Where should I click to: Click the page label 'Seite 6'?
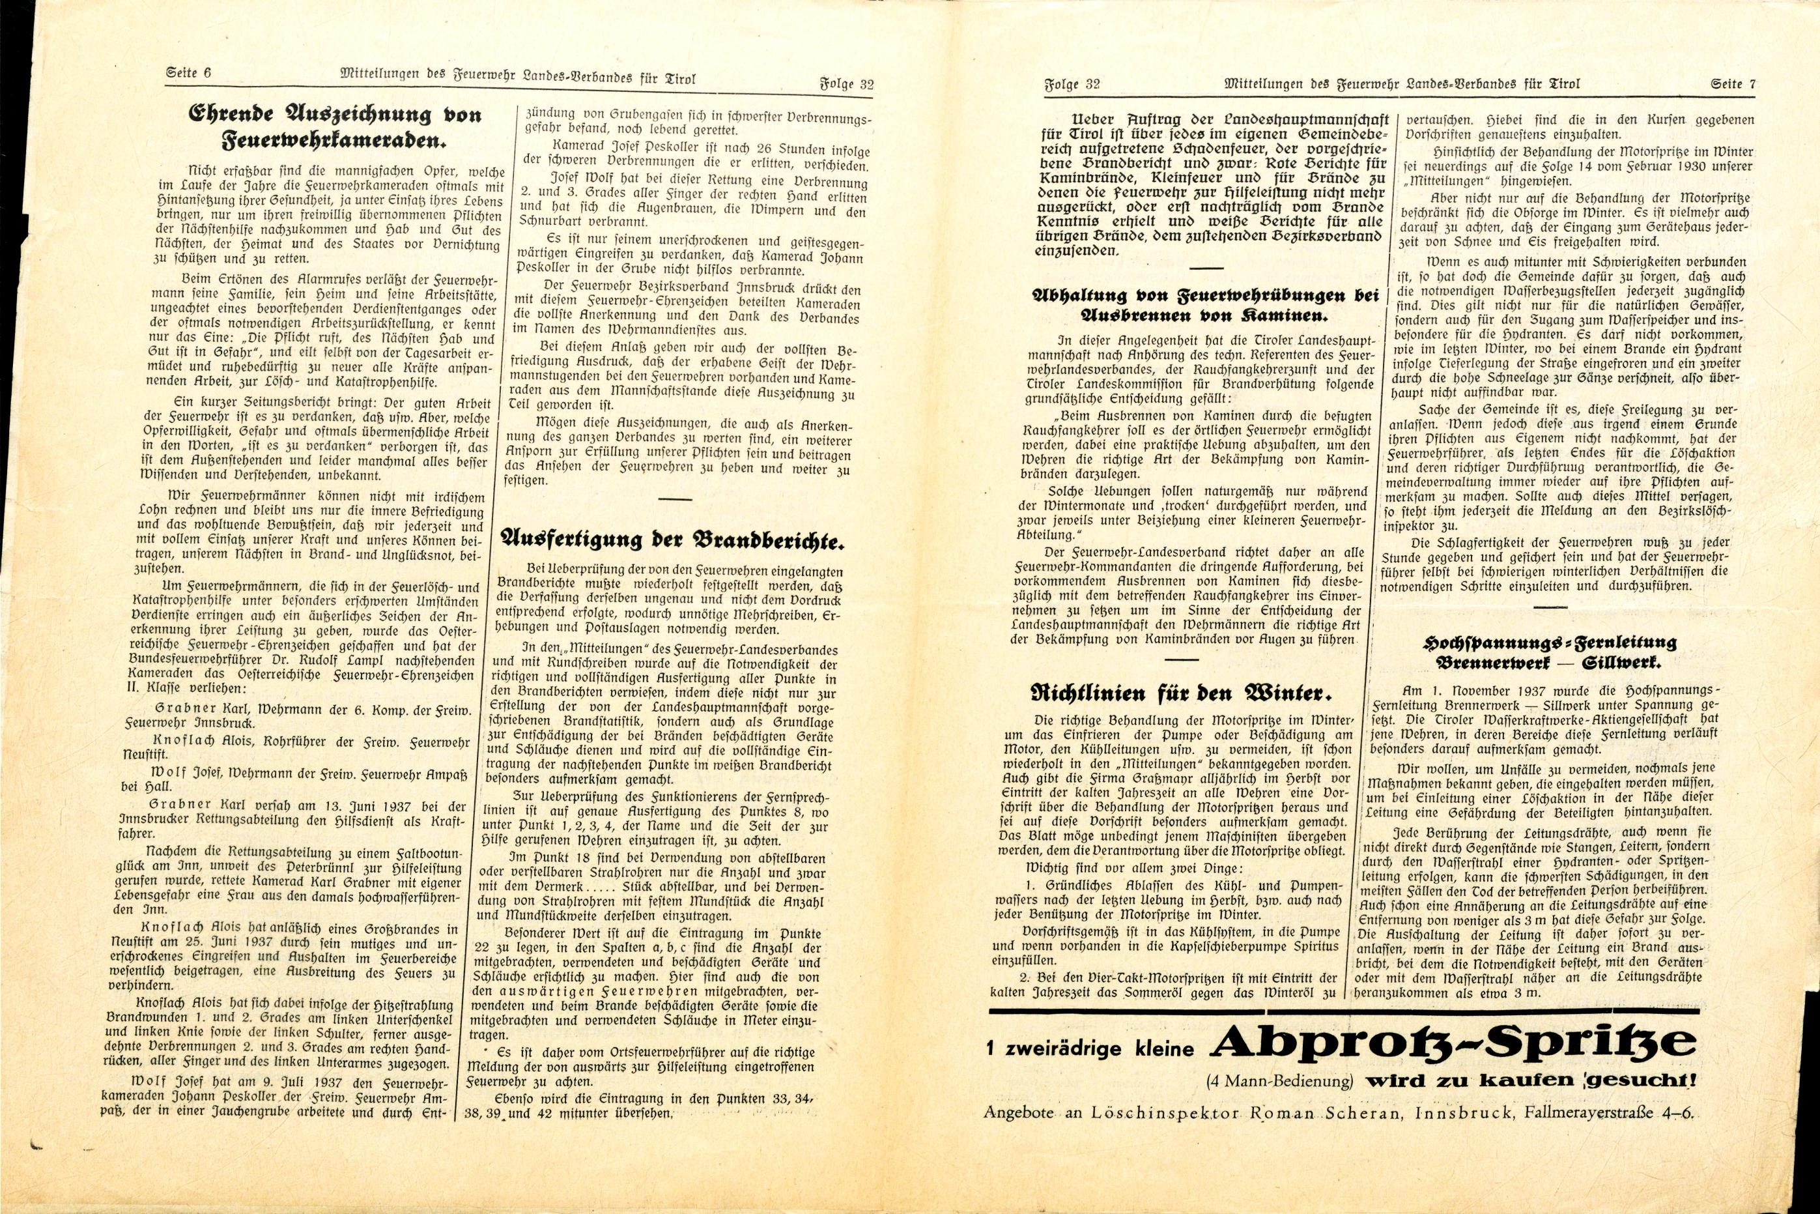(x=189, y=74)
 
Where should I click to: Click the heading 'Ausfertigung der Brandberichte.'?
(x=671, y=540)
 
